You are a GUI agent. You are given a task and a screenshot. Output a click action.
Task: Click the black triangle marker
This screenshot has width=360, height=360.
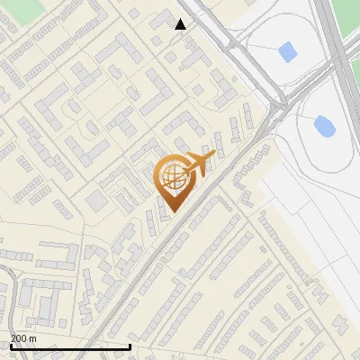pos(181,24)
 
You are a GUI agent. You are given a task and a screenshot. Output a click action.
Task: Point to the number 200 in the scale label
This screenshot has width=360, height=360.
pos(19,337)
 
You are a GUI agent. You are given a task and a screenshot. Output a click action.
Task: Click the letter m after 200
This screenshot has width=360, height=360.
pos(34,337)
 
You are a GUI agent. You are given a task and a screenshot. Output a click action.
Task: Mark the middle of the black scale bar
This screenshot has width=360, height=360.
pos(70,346)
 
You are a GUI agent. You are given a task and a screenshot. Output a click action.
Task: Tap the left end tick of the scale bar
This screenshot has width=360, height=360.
pos(10,346)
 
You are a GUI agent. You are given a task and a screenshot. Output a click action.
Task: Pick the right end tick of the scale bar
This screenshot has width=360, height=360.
pos(130,346)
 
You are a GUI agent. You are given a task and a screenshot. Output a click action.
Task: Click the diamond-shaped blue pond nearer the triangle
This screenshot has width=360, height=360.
pos(288,51)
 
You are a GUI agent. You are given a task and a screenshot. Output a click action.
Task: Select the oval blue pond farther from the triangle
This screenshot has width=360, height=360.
pos(324,125)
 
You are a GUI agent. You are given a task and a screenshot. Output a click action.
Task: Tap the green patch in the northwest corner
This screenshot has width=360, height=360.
pos(22,9)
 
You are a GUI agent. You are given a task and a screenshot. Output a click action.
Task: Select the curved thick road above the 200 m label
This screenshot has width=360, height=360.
pos(7,288)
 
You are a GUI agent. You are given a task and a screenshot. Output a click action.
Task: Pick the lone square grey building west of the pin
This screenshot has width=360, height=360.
pos(95,200)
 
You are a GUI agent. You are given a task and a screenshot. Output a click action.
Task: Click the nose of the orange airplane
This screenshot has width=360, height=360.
pos(214,155)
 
